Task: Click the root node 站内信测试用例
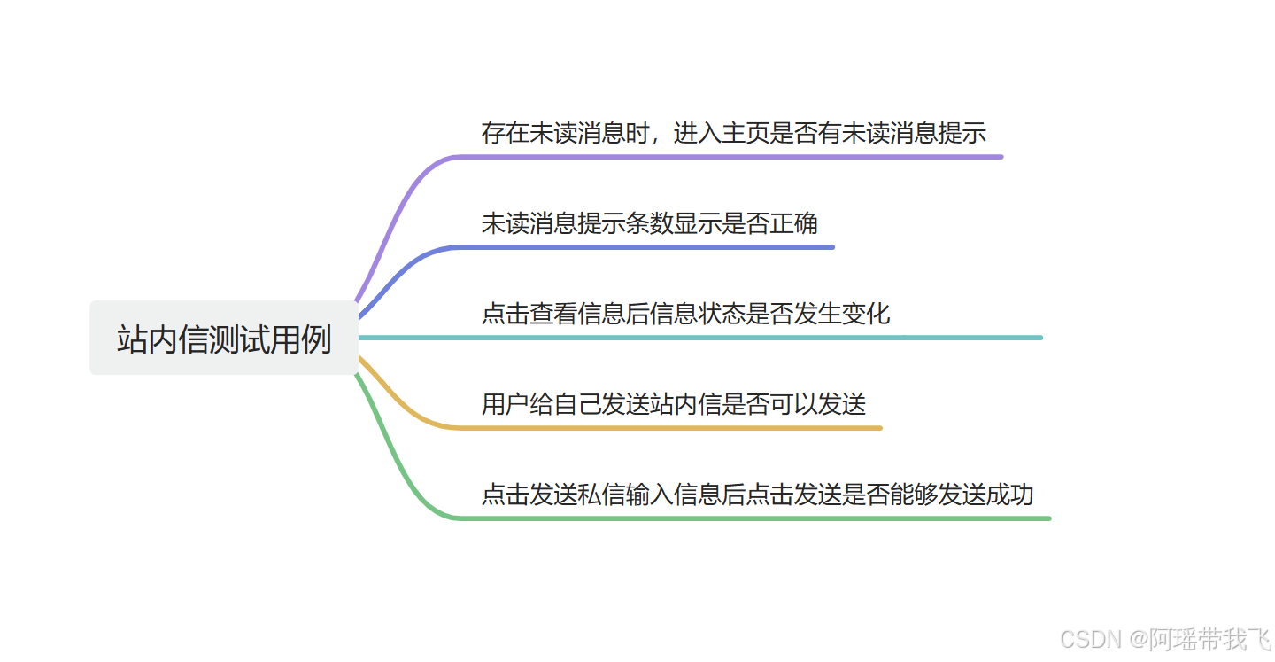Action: [x=224, y=339]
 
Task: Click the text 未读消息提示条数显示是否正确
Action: [x=649, y=223]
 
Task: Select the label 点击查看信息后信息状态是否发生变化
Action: [x=685, y=314]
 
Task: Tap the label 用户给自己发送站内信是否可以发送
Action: [x=673, y=404]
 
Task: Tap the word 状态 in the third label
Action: [x=722, y=314]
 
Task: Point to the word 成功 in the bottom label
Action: [x=1009, y=495]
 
